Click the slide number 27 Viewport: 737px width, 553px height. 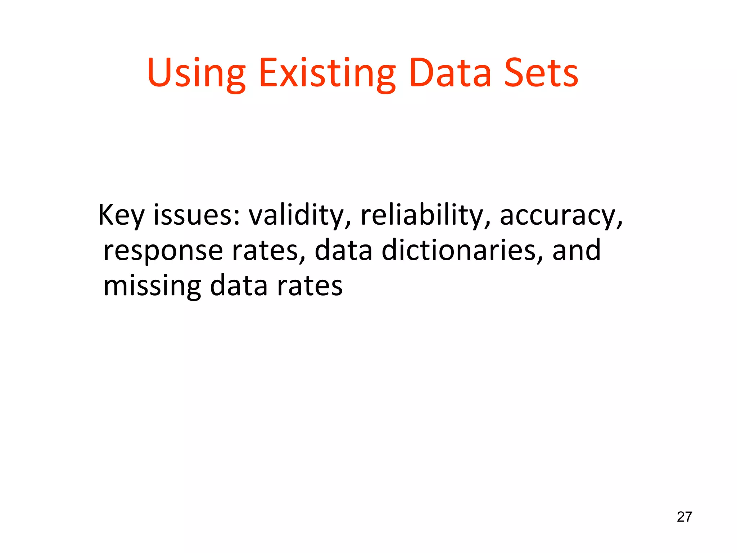(x=684, y=517)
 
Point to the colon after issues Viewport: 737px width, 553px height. (x=236, y=218)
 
